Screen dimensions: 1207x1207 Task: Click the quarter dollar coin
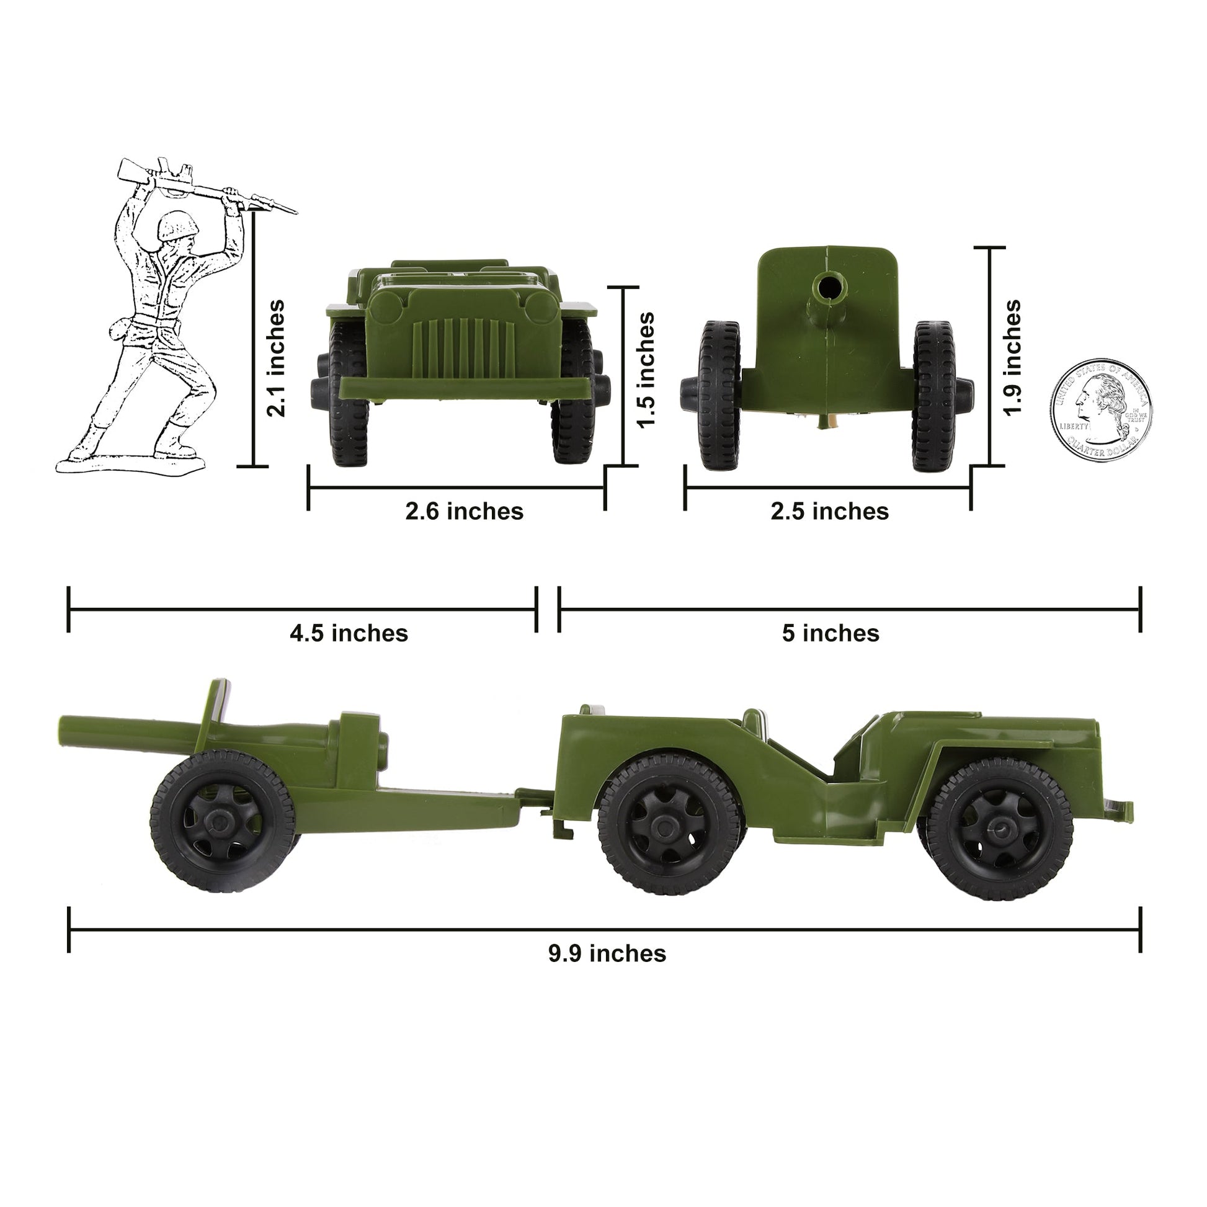click(x=1101, y=410)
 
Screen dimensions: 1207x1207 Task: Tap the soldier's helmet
click(x=177, y=226)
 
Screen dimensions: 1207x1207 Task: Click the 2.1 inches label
click(x=275, y=358)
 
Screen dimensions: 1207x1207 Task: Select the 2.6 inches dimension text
click(x=464, y=511)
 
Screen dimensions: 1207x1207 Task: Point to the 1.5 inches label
click(x=646, y=370)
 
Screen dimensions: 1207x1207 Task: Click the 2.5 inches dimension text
click(x=829, y=511)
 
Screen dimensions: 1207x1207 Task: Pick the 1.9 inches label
click(x=1012, y=357)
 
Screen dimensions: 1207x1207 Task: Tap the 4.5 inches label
click(x=349, y=633)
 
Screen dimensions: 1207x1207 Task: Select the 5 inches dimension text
click(x=831, y=633)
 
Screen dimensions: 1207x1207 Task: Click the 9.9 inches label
click(x=607, y=953)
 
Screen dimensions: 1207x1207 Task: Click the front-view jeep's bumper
click(x=465, y=388)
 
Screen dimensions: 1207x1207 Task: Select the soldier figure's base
click(x=131, y=463)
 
